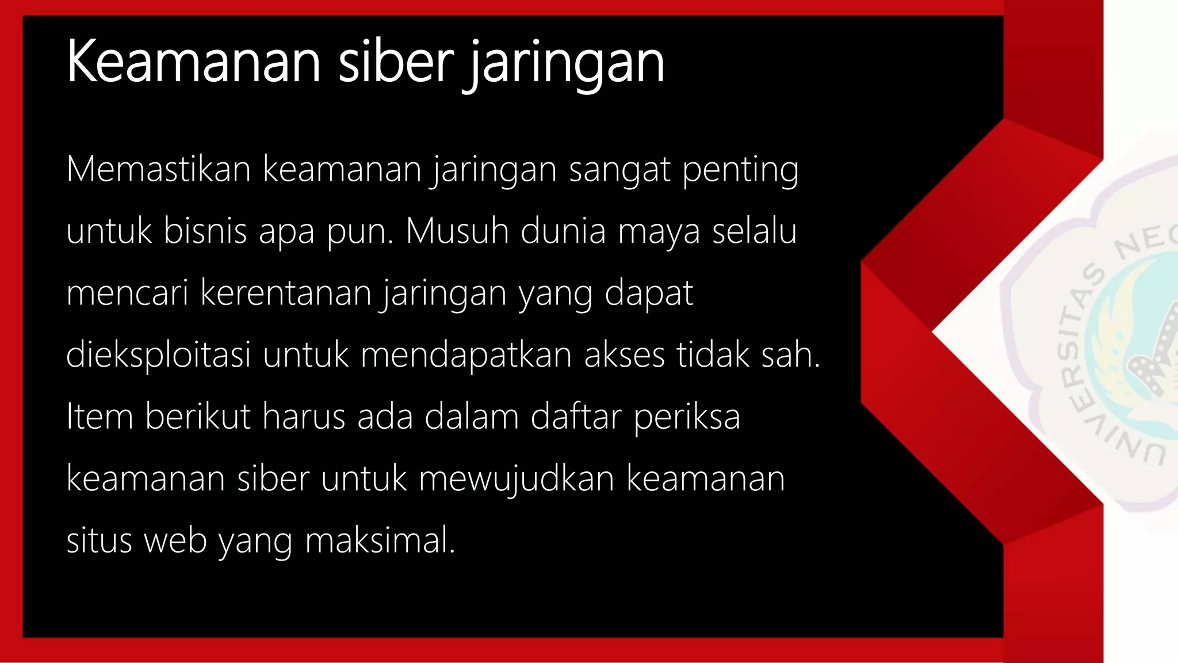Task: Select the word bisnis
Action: [205, 231]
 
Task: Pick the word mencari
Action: [127, 294]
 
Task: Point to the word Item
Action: [100, 417]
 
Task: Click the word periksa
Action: [687, 418]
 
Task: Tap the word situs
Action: [100, 541]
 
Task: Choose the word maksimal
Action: [380, 541]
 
